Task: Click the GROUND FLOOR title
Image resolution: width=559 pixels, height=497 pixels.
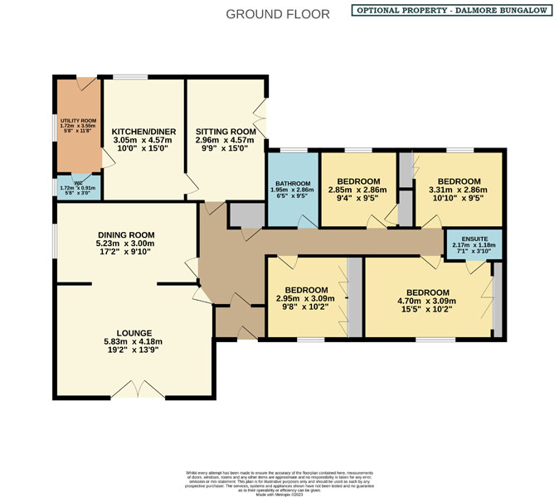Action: pos(277,14)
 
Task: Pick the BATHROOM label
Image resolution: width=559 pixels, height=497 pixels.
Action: pos(294,183)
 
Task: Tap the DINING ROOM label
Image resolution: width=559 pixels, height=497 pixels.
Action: pos(126,234)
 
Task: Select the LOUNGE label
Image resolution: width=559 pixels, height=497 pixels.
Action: pos(128,332)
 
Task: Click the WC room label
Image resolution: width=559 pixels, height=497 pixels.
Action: pos(78,183)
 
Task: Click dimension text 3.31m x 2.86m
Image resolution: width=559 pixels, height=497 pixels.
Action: pos(459,191)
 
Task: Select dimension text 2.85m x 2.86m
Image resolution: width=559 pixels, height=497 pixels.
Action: pos(358,191)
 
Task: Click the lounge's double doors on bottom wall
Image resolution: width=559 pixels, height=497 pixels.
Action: pos(138,389)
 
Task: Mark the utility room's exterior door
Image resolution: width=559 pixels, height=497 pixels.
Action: pos(85,84)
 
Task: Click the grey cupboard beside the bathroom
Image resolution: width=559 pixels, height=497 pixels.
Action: pos(245,214)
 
